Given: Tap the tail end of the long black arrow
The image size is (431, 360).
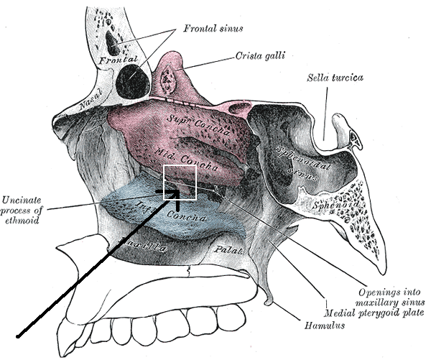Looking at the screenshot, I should (x=19, y=335).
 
